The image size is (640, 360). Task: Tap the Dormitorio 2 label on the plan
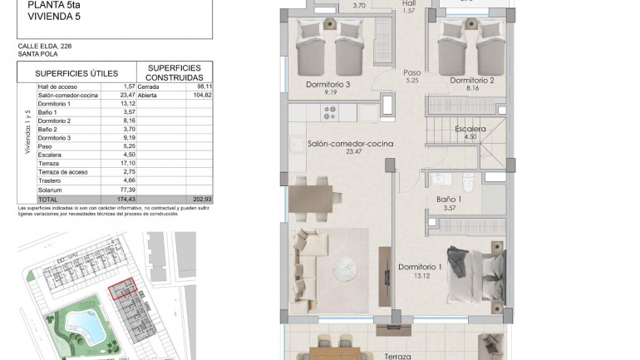coord(472,81)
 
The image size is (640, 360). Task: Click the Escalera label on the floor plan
coord(470,130)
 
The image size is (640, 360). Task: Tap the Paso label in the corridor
coord(411,72)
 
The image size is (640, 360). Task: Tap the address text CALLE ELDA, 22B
coord(42,47)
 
